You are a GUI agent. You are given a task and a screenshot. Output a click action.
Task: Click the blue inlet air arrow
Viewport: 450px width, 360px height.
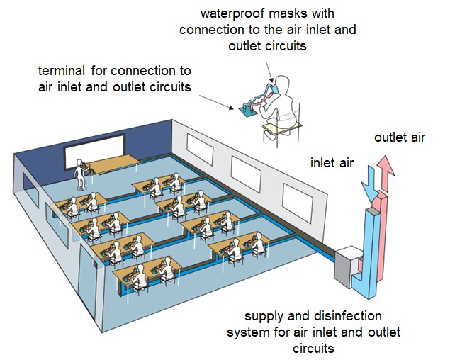tap(370, 186)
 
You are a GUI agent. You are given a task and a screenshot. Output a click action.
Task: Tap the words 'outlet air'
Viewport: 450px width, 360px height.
tap(400, 137)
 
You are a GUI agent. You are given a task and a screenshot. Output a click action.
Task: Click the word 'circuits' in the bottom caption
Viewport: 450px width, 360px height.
tap(313, 348)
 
